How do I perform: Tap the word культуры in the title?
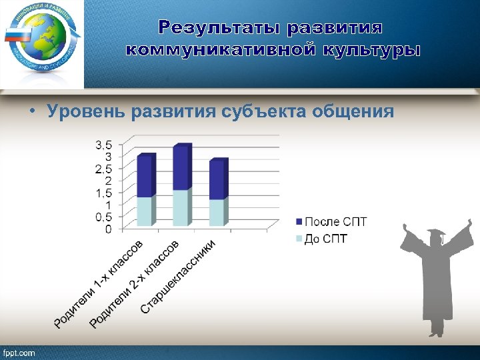(369, 51)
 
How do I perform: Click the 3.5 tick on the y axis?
(104, 145)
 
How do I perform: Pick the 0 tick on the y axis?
(109, 229)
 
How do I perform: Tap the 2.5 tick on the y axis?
(104, 169)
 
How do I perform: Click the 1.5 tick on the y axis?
(104, 193)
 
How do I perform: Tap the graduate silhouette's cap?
(436, 233)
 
